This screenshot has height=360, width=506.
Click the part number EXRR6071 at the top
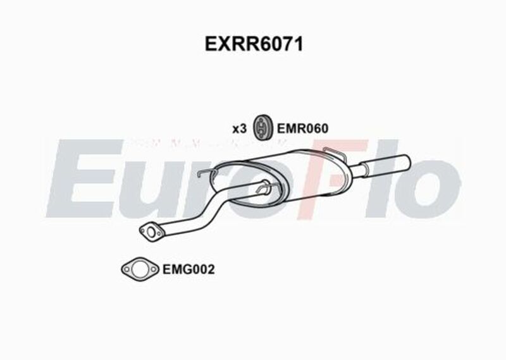pos(253,45)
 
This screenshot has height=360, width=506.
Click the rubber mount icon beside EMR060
pos(261,128)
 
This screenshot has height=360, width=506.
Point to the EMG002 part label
pos(189,270)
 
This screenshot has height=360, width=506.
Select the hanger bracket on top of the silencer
pos(334,153)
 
